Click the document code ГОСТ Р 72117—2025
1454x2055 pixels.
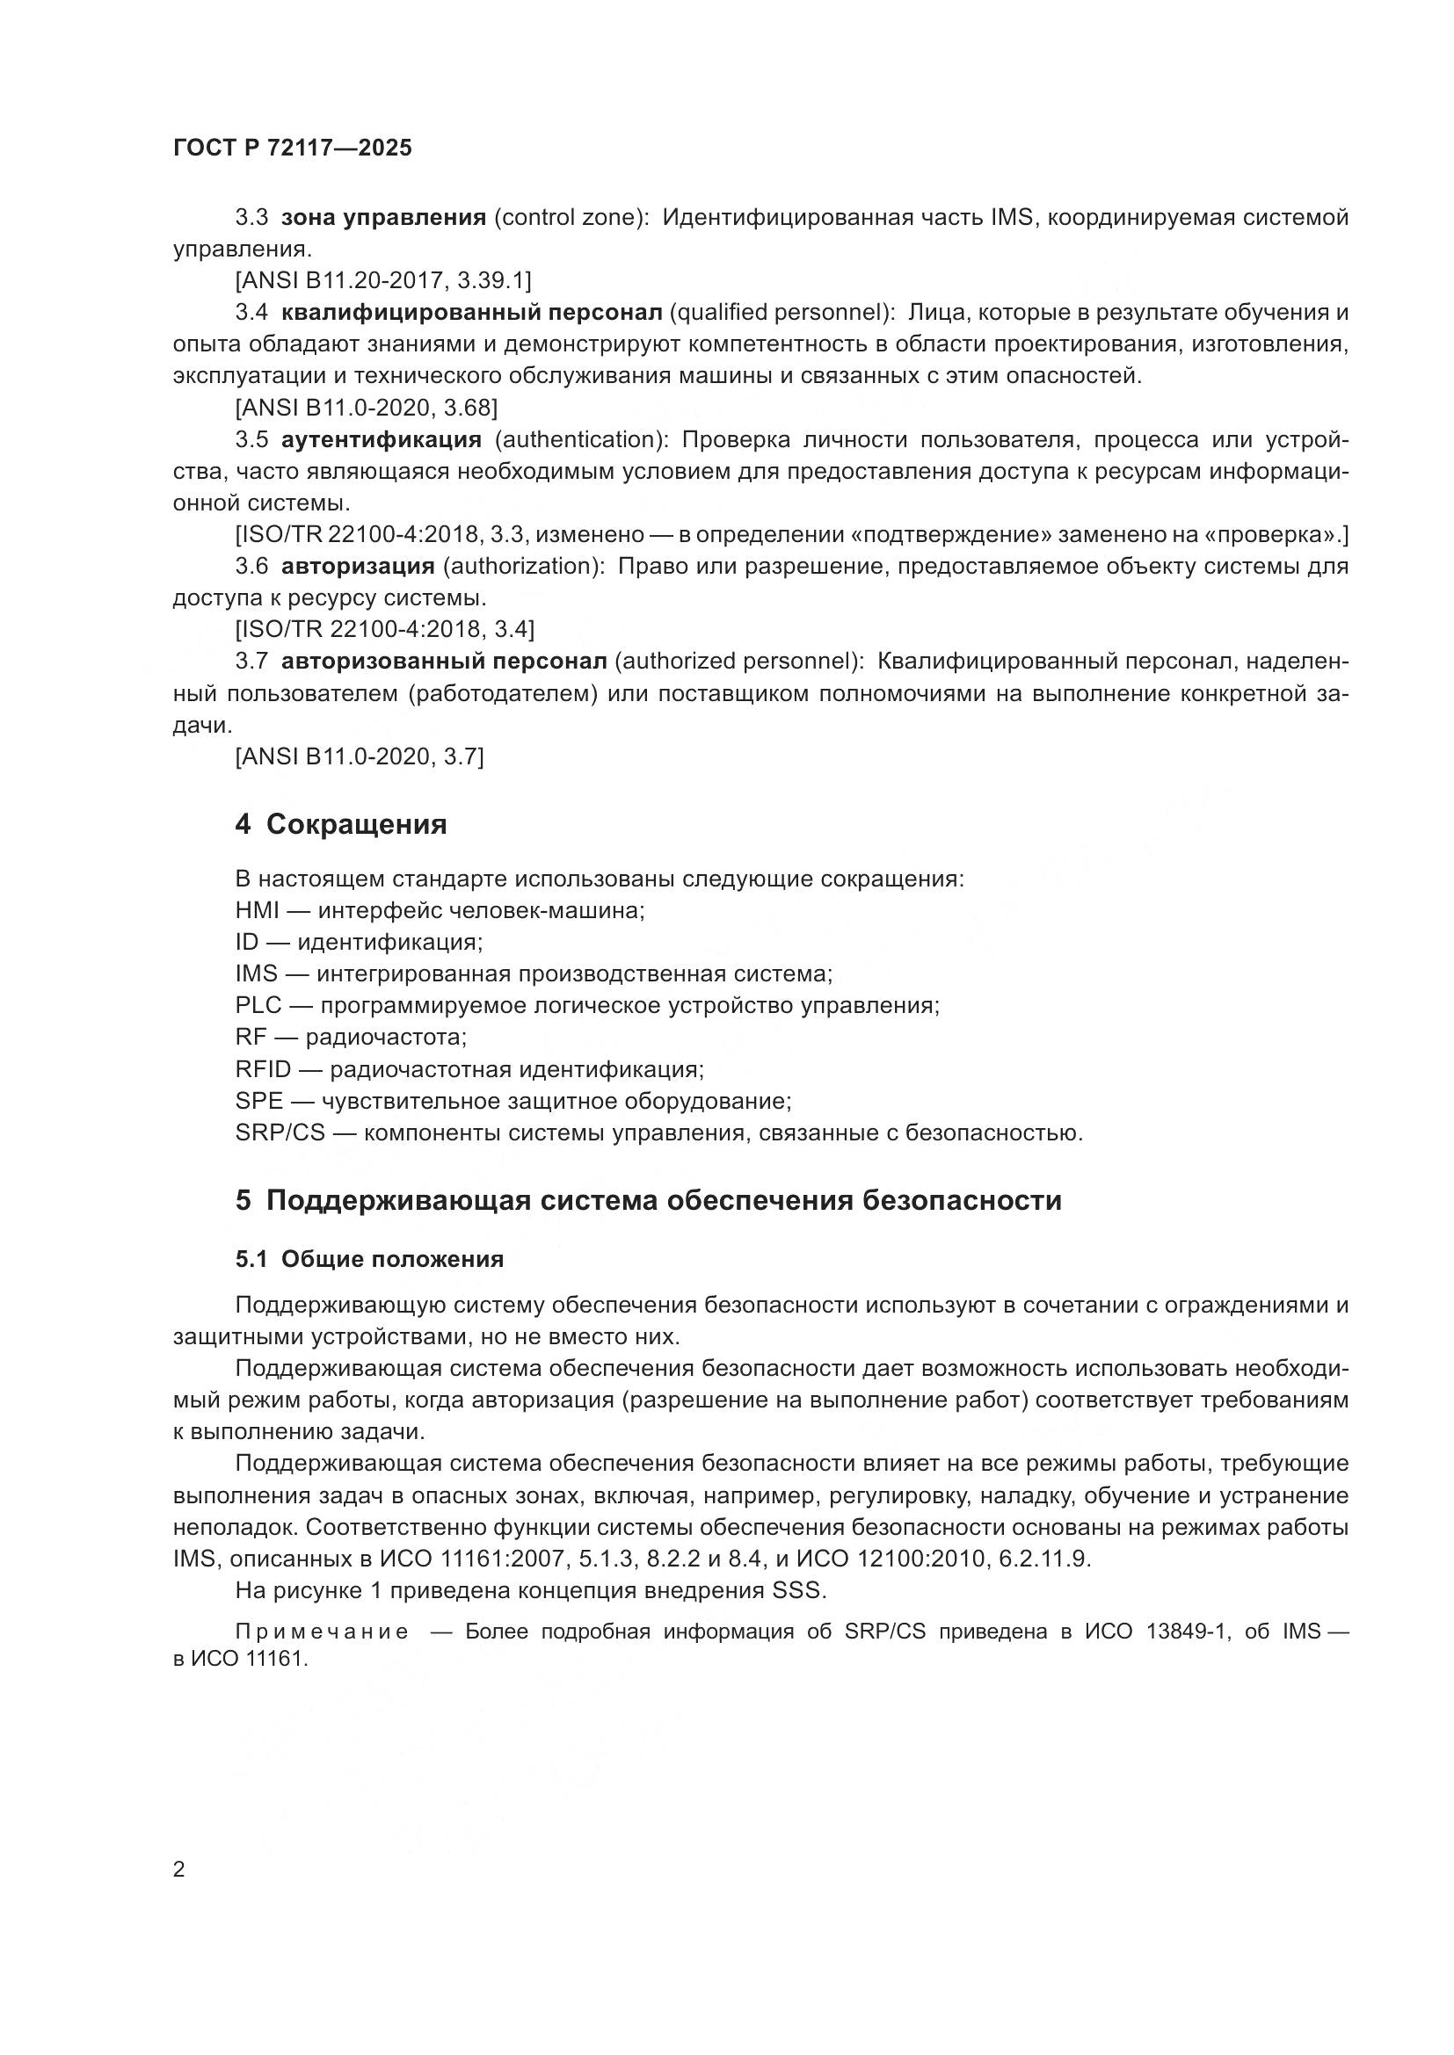pos(292,148)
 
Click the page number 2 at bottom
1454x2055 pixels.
pos(179,1870)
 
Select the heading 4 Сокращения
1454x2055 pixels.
pos(340,823)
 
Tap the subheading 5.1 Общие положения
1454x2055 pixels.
pos(369,1259)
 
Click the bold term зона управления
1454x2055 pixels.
pos(383,218)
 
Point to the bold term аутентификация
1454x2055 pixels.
pos(382,439)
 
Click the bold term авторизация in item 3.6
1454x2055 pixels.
pos(358,567)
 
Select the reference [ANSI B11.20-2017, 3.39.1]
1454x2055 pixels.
pos(383,281)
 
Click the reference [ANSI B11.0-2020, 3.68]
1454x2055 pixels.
pos(367,409)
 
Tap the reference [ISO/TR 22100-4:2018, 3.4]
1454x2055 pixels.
pos(384,630)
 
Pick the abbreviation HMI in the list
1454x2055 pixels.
pos(258,911)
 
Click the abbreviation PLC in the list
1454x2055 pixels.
pos(258,1006)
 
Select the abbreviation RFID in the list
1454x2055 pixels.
pos(263,1069)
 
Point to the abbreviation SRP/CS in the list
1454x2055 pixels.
pos(280,1133)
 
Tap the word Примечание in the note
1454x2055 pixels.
pos(323,1632)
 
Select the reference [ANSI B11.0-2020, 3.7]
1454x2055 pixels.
pos(359,757)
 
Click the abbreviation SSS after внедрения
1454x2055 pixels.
pos(796,1591)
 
